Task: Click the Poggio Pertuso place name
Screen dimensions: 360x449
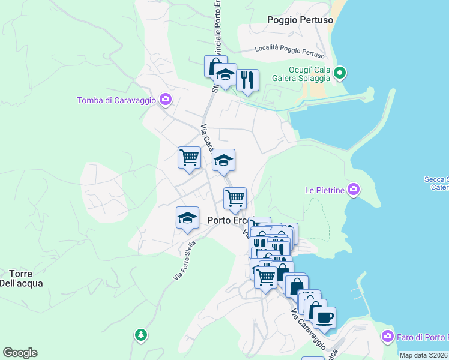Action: [300, 20]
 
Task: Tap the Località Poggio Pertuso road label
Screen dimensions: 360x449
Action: [285, 48]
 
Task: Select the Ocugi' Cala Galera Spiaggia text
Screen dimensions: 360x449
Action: [309, 74]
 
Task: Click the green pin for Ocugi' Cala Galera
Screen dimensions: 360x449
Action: [340, 73]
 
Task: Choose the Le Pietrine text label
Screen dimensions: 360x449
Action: [324, 190]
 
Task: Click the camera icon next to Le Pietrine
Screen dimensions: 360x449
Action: [354, 190]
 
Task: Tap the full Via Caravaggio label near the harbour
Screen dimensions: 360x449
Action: [309, 330]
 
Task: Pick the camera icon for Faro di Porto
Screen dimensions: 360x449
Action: [388, 336]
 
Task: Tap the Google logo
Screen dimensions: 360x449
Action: [20, 353]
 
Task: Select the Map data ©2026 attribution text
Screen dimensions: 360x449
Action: [423, 355]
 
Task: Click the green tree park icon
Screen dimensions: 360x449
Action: [140, 335]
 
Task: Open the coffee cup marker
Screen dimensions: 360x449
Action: [324, 317]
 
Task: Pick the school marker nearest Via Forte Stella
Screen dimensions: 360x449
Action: [187, 218]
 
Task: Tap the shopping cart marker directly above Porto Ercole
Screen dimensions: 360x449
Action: [235, 197]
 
